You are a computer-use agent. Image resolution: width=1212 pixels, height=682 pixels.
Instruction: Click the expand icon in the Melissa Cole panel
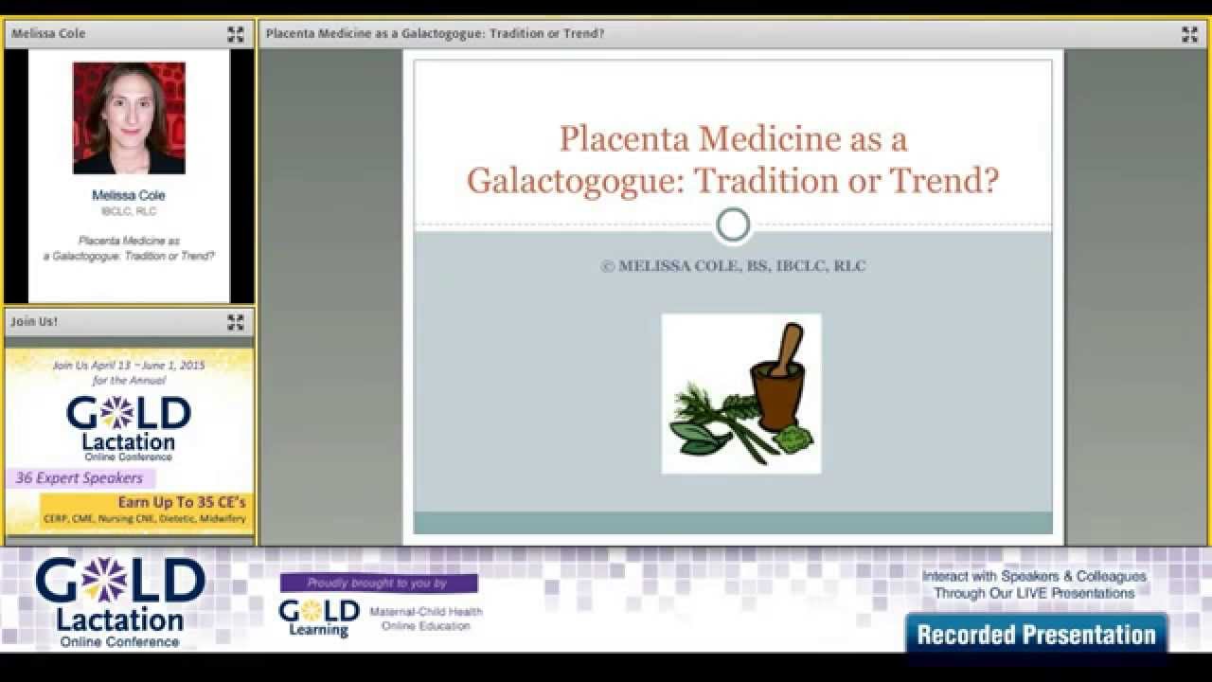[x=236, y=35]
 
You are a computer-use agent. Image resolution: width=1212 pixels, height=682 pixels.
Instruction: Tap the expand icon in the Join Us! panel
[x=236, y=323]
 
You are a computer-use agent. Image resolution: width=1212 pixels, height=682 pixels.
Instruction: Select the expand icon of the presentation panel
[x=1190, y=35]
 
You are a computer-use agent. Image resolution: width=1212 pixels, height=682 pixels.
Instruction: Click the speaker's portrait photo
[x=129, y=118]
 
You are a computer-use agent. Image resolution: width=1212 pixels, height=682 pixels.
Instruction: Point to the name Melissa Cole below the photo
[x=129, y=195]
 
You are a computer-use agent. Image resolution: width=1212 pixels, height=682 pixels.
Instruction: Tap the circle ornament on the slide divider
[x=733, y=225]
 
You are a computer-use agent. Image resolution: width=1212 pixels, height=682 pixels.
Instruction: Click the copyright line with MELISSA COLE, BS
[x=733, y=266]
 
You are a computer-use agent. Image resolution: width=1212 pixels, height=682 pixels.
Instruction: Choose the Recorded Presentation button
[x=1036, y=635]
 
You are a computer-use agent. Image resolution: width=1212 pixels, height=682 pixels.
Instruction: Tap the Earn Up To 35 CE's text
[x=182, y=502]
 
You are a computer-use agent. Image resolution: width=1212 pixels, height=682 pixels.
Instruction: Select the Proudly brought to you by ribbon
[x=378, y=583]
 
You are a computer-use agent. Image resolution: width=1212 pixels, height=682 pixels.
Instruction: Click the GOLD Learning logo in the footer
[x=319, y=618]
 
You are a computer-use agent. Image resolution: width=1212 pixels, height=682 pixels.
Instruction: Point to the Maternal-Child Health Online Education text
[x=426, y=619]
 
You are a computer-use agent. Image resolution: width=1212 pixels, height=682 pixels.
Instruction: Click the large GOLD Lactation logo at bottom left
[x=120, y=601]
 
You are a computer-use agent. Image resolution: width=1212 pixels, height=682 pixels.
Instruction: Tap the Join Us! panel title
[x=34, y=322]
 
